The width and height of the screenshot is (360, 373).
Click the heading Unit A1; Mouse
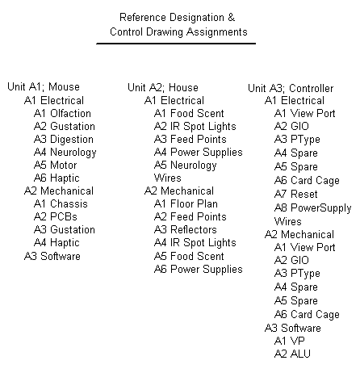pos(44,87)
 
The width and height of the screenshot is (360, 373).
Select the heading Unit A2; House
pos(163,88)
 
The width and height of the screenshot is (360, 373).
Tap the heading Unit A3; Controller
pos(291,88)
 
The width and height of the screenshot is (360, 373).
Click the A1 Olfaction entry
pos(62,113)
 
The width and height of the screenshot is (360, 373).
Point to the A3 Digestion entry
pos(64,140)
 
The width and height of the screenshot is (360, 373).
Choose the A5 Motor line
pos(56,165)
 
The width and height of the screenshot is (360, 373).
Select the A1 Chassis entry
pos(61,203)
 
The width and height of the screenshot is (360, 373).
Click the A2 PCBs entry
pos(56,216)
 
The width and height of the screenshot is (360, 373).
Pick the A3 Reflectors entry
pos(186,229)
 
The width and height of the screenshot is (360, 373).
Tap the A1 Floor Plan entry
pos(186,203)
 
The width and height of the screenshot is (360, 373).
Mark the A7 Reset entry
pos(296,194)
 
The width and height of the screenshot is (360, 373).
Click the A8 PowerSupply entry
pos(313,208)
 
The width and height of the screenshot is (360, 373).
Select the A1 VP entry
pos(290,341)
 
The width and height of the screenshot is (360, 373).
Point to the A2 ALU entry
pos(292,354)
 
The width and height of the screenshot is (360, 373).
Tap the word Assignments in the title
pos(217,32)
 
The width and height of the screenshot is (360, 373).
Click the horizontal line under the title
pos(176,44)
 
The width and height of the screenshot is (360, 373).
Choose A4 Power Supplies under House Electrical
pos(199,153)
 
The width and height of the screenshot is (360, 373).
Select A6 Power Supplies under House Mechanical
pos(199,270)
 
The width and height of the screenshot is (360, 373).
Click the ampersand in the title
pos(232,18)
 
